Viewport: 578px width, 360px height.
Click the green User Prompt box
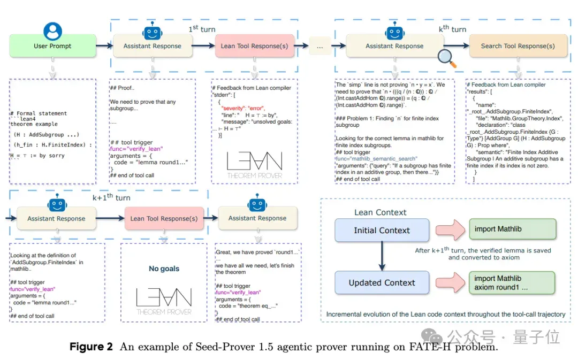click(x=52, y=46)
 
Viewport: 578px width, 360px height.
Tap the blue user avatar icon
click(x=52, y=31)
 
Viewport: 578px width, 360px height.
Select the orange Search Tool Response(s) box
click(x=518, y=46)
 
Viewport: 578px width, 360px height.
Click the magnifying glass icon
click(x=447, y=58)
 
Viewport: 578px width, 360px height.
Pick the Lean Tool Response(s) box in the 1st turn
click(x=254, y=46)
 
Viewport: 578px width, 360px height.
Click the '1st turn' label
click(x=202, y=29)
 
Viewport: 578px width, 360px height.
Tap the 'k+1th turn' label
click(x=111, y=197)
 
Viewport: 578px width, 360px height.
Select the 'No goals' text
click(x=164, y=269)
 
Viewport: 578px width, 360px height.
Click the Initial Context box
click(x=382, y=231)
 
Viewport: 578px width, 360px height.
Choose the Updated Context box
click(x=382, y=282)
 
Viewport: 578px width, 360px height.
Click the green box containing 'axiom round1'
click(x=512, y=282)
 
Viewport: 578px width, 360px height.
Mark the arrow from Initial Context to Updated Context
click(x=382, y=256)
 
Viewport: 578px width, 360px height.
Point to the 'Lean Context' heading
click(x=381, y=212)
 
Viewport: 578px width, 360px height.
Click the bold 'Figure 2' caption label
click(x=91, y=347)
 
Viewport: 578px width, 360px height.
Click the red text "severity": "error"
click(x=243, y=109)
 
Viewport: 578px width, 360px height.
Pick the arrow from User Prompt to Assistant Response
click(x=105, y=46)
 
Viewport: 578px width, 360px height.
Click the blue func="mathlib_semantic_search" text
click(x=376, y=159)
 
